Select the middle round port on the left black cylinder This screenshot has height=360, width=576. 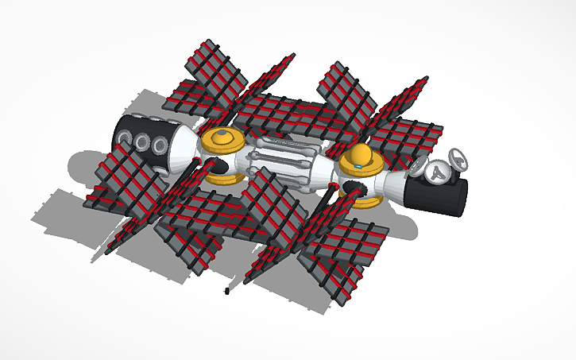[x=143, y=142]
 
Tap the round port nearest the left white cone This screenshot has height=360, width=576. [x=160, y=145]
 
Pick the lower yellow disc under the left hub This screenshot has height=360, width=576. [x=225, y=176]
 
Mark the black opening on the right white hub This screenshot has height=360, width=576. [x=355, y=190]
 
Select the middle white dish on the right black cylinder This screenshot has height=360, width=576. [x=436, y=170]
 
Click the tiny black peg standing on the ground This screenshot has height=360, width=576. [x=228, y=292]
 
